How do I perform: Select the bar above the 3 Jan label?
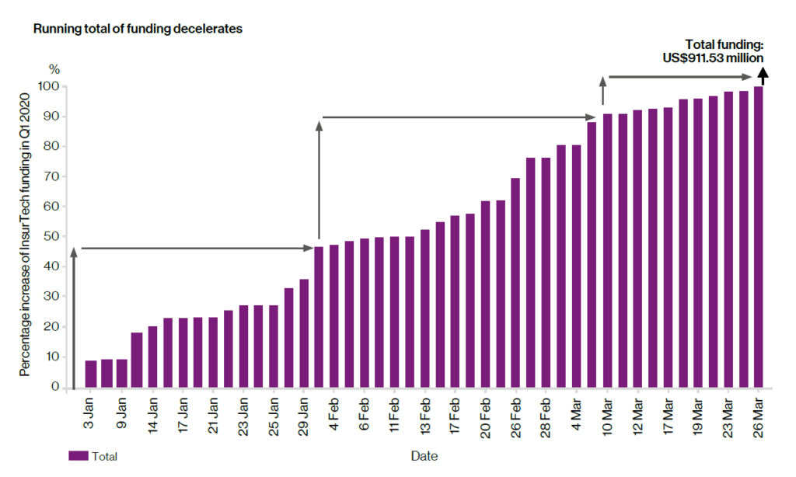tap(91, 374)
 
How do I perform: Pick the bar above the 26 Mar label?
tap(758, 237)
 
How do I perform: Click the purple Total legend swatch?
tap(78, 456)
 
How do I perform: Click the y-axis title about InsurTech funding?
tap(25, 233)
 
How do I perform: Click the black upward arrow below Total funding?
tap(763, 75)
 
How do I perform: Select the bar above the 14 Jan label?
tap(152, 357)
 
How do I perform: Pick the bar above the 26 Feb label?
tap(516, 283)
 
